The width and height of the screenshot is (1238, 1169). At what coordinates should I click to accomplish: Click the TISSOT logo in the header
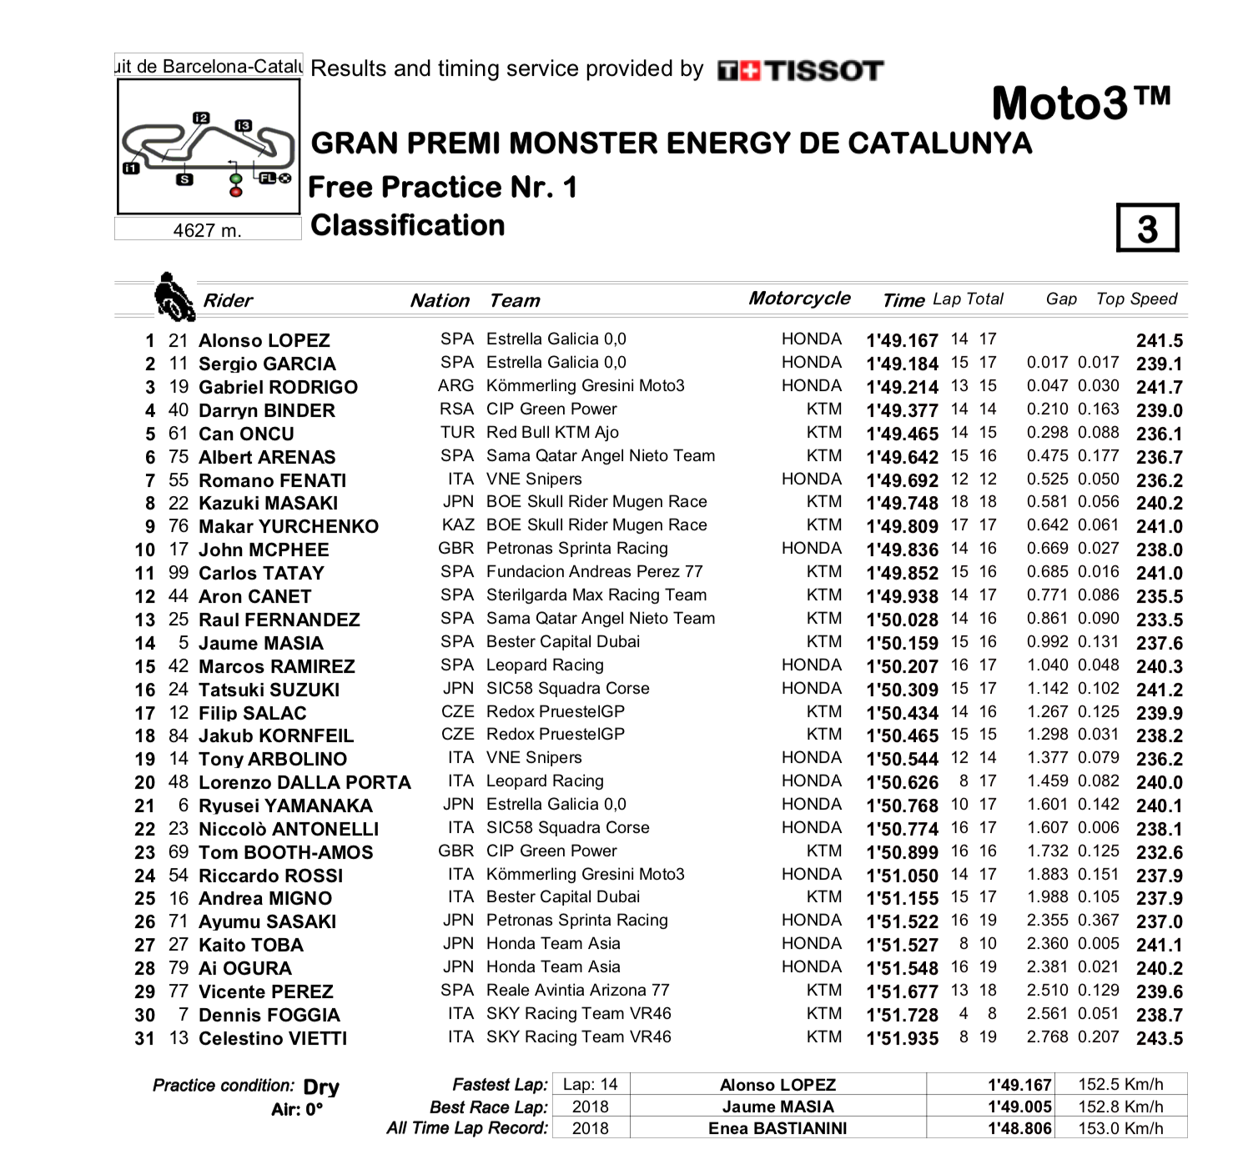800,71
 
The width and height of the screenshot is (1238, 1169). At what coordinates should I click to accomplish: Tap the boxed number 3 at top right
1147,228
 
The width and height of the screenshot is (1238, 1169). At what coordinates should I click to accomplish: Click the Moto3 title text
1080,103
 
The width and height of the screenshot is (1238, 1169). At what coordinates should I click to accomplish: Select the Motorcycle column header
799,299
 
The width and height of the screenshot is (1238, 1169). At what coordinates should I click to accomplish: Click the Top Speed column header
1136,299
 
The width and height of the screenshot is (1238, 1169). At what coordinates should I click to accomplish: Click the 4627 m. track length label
207,230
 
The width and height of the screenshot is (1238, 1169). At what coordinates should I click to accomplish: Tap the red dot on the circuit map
236,192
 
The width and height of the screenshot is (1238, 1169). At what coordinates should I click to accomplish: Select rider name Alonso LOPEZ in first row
264,340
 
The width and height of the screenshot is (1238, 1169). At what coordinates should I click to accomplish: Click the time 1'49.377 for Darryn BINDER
902,410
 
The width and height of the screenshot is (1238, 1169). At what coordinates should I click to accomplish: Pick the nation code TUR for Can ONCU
457,432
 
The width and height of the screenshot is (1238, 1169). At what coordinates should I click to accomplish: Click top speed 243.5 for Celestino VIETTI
1159,1039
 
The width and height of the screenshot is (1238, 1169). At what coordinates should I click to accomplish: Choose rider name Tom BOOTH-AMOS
285,852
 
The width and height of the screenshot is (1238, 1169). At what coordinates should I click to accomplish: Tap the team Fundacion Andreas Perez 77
594,571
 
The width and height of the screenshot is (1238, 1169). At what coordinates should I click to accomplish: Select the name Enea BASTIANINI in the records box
778,1128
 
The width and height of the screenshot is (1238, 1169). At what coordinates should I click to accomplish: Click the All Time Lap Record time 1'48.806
1019,1128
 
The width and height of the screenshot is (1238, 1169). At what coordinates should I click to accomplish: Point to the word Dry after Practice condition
321,1087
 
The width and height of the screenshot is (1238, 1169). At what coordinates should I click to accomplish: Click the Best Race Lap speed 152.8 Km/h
1120,1106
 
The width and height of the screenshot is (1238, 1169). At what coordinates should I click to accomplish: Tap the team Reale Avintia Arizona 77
577,990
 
